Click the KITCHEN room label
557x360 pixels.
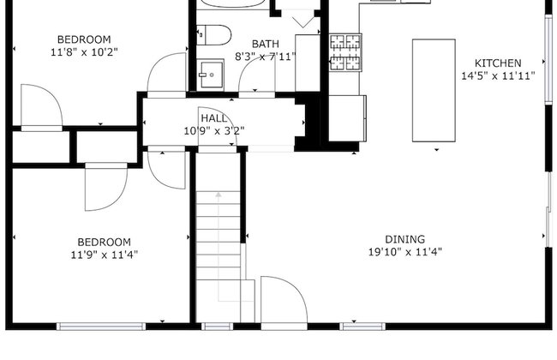(498, 63)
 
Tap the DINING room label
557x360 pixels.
(405, 239)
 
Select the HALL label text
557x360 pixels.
(214, 118)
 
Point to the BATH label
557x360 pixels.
(266, 44)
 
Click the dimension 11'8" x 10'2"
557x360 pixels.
(84, 52)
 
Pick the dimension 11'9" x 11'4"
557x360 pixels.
(105, 255)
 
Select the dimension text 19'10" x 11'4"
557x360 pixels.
(405, 252)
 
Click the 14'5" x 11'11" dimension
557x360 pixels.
(498, 76)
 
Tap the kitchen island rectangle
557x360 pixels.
(434, 90)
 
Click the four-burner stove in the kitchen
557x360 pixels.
(345, 52)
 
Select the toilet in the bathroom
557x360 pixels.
(214, 35)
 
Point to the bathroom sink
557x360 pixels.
(211, 75)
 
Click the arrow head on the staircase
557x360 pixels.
(219, 195)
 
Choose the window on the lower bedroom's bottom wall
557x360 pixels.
(101, 327)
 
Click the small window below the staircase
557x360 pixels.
(218, 327)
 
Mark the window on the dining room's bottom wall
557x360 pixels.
(362, 327)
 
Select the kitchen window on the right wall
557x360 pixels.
(549, 59)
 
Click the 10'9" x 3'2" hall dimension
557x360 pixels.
(214, 131)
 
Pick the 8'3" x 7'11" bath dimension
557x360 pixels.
(266, 57)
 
